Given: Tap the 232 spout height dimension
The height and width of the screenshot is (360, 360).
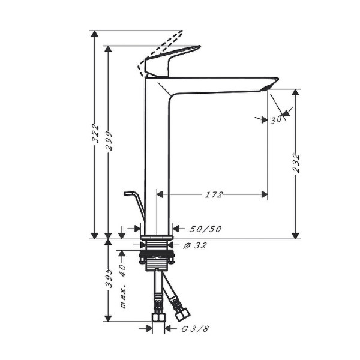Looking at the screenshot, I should coord(296,164).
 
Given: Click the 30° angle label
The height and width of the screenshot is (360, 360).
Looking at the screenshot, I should coord(276,120).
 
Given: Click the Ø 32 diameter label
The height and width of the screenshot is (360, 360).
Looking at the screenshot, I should coord(193,245).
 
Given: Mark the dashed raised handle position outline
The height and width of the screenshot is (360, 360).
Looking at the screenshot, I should coord(162,47).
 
